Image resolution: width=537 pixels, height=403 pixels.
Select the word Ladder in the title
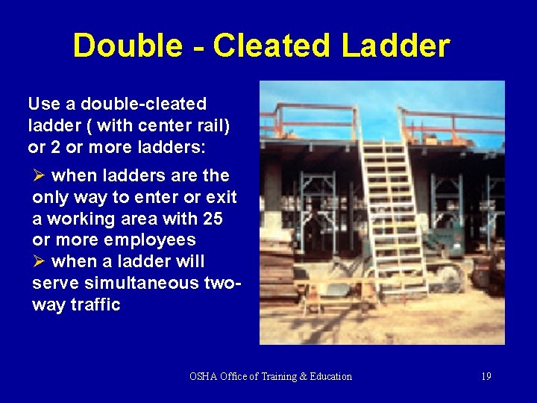pos(396,46)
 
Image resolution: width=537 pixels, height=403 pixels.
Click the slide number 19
pos(486,376)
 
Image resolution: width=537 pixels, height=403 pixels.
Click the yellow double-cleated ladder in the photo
pos(392,209)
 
